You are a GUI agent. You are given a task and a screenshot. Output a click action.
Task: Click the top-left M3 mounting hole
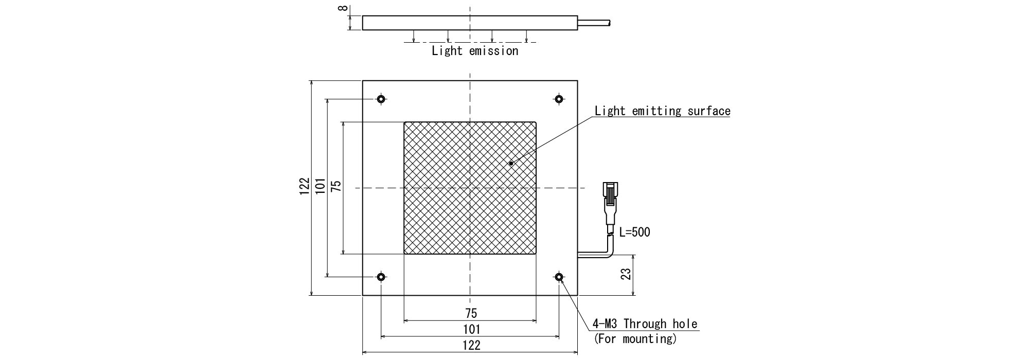tap(381, 99)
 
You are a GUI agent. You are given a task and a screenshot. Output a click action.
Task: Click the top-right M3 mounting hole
tap(559, 99)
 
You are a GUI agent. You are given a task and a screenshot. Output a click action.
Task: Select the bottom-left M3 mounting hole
tap(381, 277)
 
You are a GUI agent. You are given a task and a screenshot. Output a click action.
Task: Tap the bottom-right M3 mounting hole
tap(559, 277)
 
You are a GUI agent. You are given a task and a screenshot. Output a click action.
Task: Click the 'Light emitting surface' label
tap(662, 111)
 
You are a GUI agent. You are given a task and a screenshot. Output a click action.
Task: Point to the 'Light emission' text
tap(475, 51)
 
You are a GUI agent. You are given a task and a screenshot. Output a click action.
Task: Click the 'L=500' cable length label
tap(634, 232)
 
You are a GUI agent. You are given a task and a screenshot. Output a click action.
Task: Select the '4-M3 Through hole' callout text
tap(645, 324)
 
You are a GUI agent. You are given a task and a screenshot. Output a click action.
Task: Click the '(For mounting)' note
tap(635, 339)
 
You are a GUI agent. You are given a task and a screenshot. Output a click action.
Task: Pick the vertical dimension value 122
tap(305, 186)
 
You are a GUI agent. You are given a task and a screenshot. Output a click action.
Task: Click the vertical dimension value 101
tap(320, 186)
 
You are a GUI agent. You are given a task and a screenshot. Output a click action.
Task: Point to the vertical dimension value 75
tap(336, 186)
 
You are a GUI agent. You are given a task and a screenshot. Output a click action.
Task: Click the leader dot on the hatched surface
tap(511, 164)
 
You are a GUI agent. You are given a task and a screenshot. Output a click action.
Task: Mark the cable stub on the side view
tap(594, 23)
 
